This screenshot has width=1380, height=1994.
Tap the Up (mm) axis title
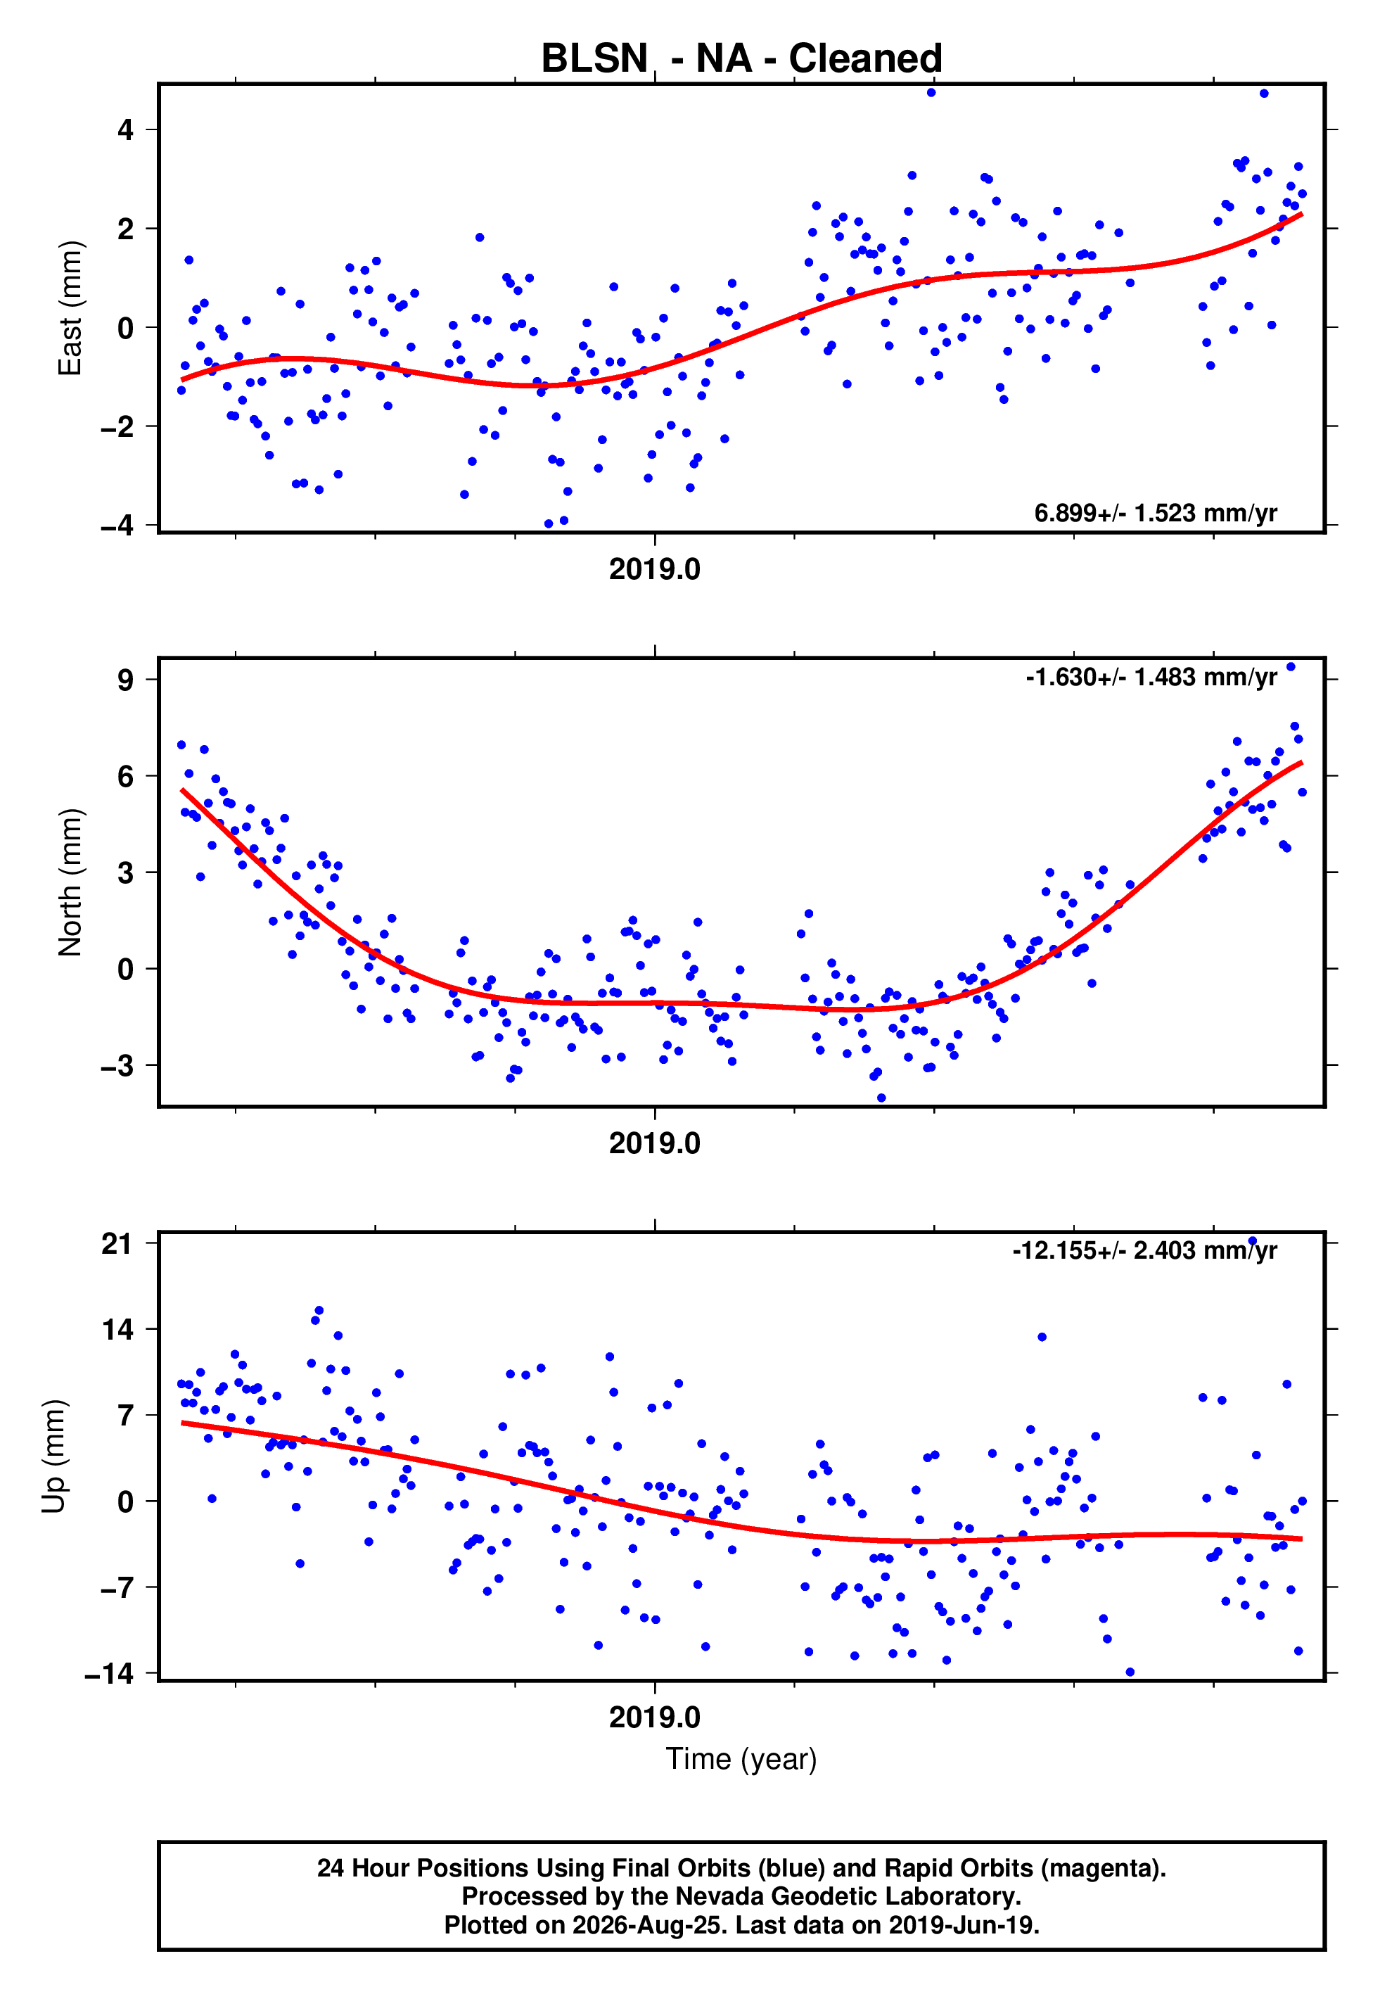pos(53,1456)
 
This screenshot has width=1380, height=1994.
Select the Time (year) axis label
pos(741,1759)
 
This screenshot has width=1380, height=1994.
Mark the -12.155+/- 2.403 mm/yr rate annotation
pos(1145,1250)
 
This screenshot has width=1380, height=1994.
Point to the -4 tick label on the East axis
pos(117,525)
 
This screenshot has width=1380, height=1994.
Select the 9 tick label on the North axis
pos(126,680)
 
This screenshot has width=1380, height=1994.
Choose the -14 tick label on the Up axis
pos(109,1674)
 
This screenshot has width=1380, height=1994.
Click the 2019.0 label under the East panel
pos(655,569)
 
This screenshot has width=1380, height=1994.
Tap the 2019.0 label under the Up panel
pos(655,1717)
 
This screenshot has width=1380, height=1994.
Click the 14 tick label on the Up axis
pos(117,1329)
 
